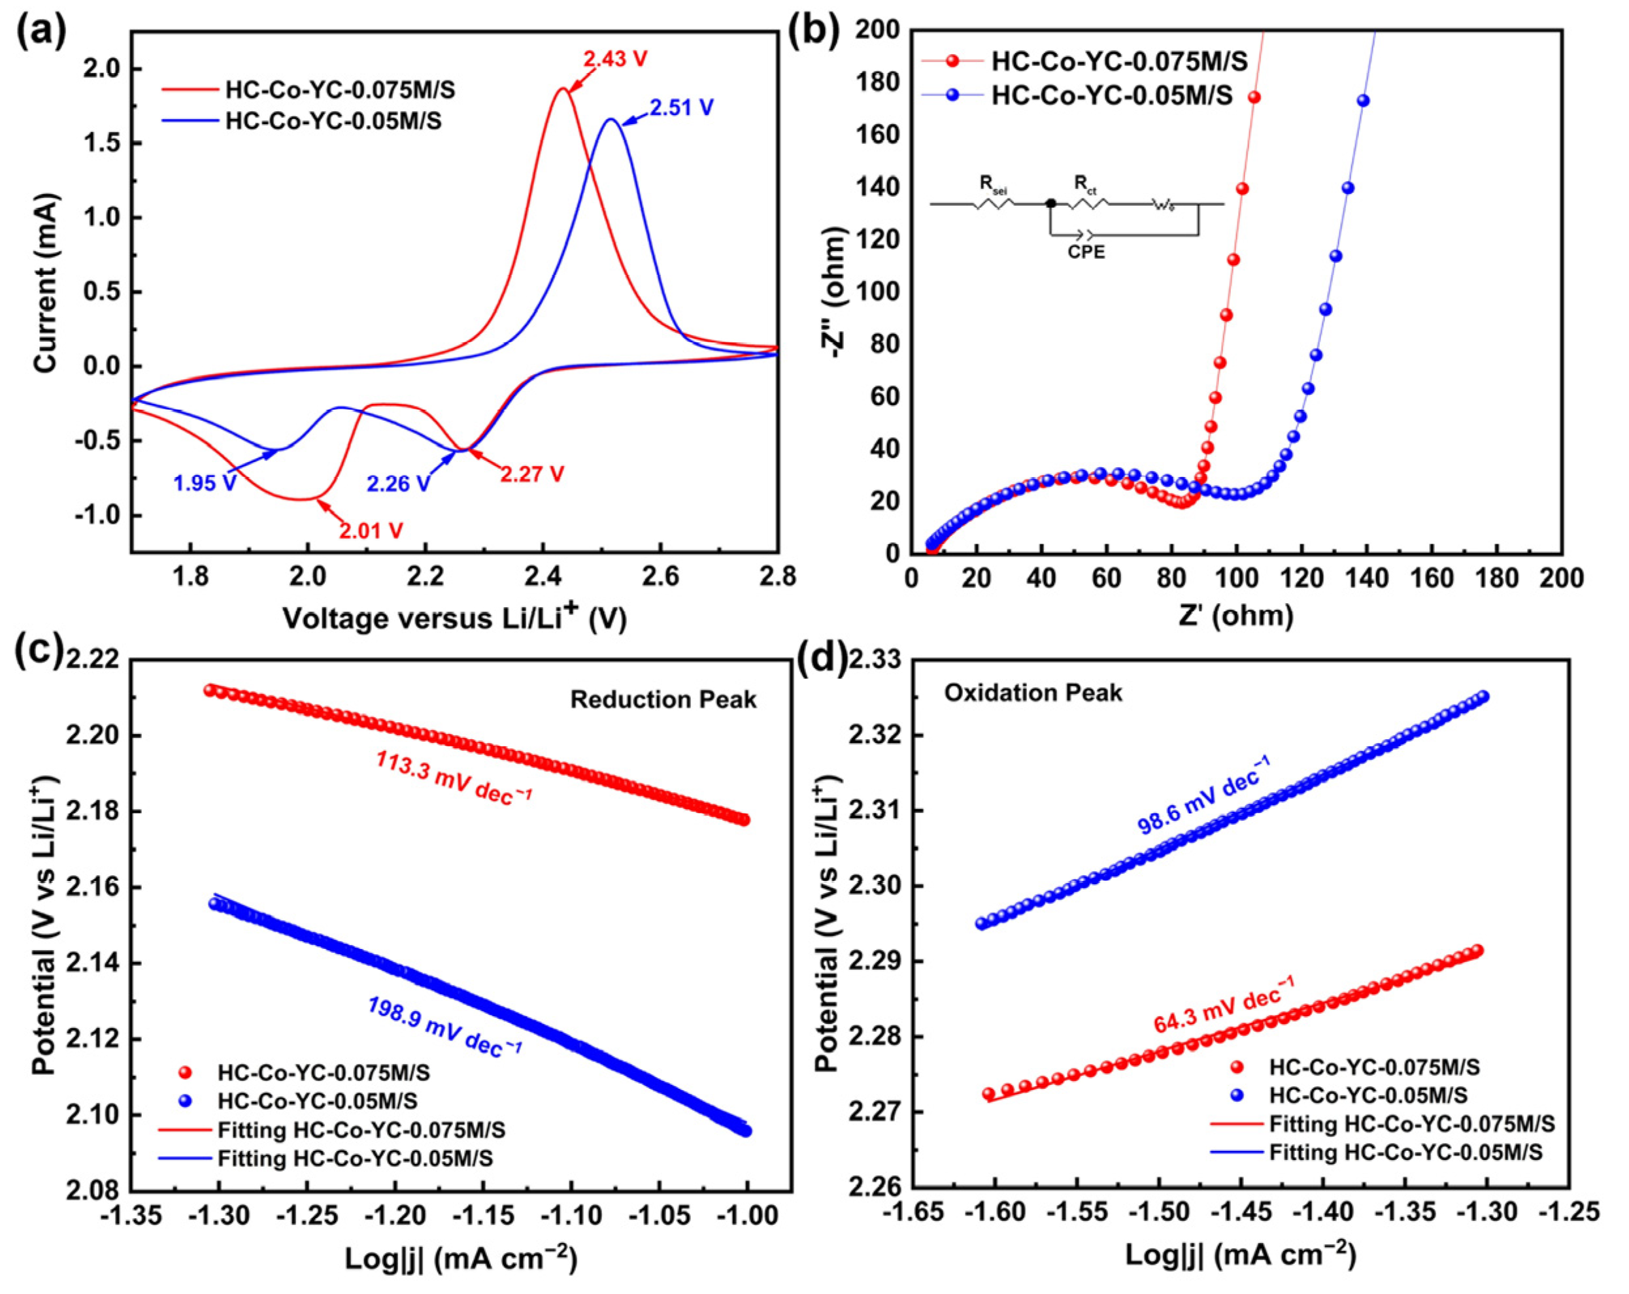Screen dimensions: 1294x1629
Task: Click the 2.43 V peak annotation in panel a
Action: [x=614, y=58]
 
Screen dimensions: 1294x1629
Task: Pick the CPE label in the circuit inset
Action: [x=1086, y=252]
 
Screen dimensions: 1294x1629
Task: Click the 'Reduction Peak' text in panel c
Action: [x=663, y=699]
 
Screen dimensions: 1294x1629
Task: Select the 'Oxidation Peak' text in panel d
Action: [x=1032, y=693]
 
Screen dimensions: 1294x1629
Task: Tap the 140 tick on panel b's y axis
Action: [x=879, y=188]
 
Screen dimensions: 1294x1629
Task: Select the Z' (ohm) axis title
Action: [x=1235, y=616]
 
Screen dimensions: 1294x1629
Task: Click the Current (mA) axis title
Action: [x=45, y=283]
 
